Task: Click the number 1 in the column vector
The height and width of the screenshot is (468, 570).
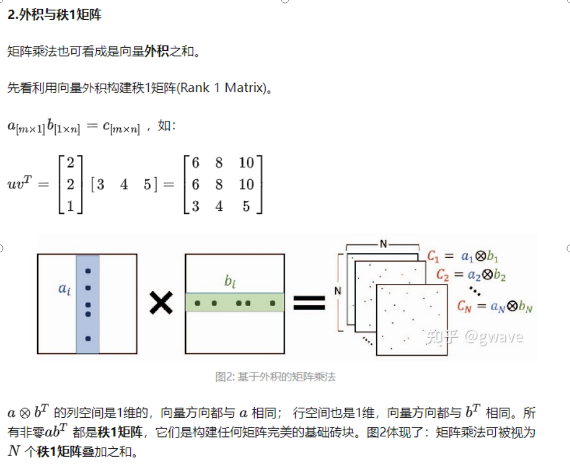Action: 70,206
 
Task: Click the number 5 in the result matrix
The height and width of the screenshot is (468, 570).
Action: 246,206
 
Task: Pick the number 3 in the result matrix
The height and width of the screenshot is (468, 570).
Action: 195,206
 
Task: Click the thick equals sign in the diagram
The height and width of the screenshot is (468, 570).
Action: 309,303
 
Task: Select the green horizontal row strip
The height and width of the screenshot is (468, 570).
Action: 234,302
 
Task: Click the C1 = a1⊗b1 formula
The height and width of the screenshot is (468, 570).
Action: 463,256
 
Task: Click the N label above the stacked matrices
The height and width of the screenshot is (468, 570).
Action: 382,243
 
